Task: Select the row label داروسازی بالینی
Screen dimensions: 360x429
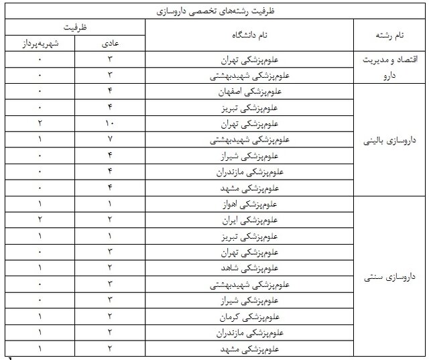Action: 391,141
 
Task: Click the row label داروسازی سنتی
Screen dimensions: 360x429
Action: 391,276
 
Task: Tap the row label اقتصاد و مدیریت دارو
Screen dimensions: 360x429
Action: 391,67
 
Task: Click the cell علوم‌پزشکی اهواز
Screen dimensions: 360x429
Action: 249,204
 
